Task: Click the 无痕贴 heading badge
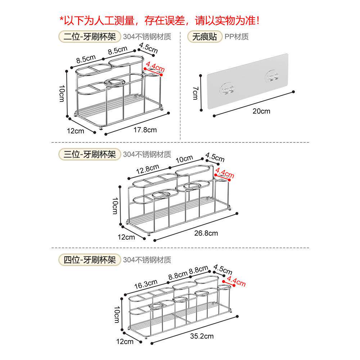[204, 36]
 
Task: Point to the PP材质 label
[237, 36]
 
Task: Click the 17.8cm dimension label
[145, 130]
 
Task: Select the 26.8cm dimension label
[206, 233]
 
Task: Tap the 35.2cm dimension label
[202, 336]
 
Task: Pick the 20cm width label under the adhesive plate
[261, 111]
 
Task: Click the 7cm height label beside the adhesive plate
[195, 93]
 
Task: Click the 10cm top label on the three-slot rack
[184, 159]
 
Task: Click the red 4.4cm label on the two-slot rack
[155, 68]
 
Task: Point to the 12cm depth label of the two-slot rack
[76, 130]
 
